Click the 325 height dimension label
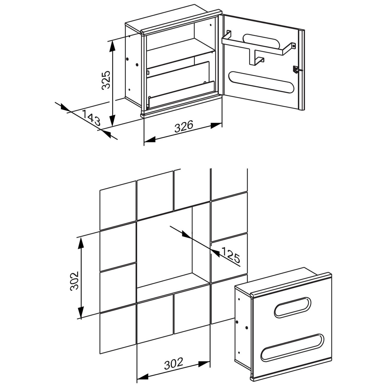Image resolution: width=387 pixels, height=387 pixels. coord(106,80)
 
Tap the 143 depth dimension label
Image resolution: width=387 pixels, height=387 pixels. coord(91,117)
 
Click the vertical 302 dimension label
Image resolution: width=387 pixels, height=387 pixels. coord(75,281)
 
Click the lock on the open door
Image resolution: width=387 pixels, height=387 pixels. coord(296,69)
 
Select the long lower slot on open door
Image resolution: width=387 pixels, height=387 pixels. coord(261,82)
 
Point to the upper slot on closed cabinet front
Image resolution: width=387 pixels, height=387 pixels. coord(293,307)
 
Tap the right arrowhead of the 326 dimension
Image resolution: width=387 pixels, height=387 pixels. coord(216,125)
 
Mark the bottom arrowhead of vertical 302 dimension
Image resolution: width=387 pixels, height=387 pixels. coord(81,312)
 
